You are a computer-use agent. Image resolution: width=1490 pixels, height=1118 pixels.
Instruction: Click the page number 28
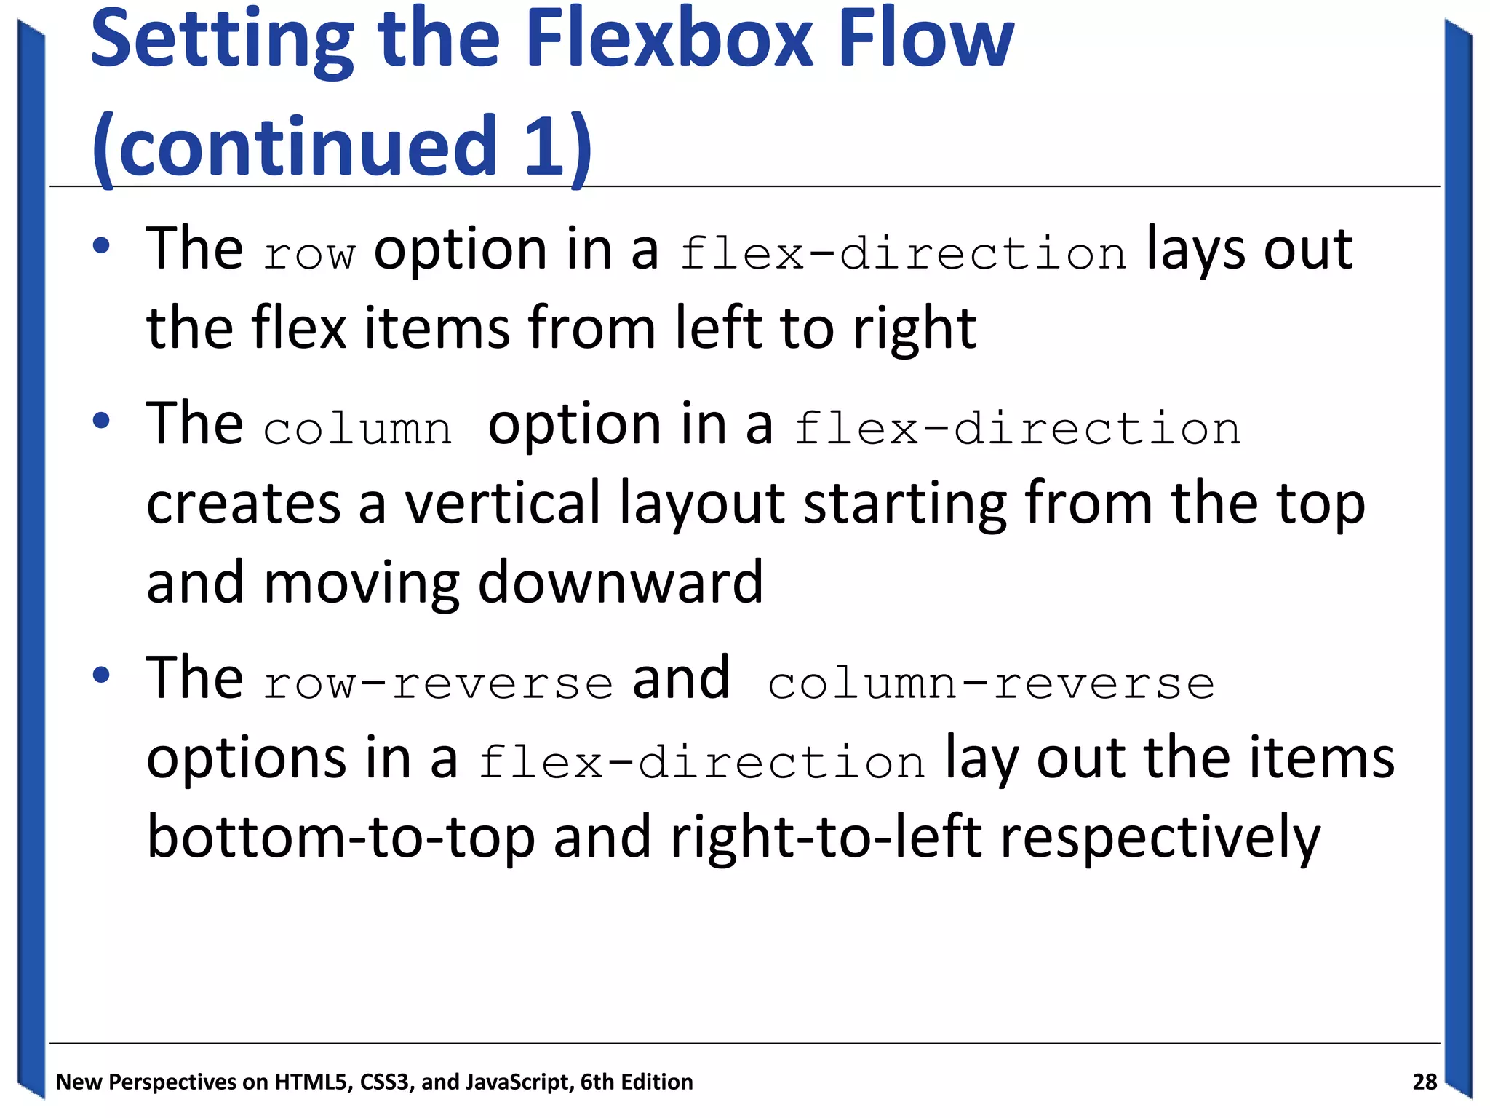click(x=1425, y=1082)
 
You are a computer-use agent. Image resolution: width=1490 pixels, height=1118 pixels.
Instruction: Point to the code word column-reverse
click(x=991, y=684)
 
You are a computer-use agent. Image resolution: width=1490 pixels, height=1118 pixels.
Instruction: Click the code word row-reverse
click(x=438, y=684)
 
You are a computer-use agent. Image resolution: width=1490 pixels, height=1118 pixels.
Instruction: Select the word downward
click(x=621, y=582)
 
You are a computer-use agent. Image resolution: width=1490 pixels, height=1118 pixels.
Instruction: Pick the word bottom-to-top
click(x=340, y=837)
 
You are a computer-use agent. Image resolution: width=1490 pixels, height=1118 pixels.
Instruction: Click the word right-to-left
click(x=826, y=837)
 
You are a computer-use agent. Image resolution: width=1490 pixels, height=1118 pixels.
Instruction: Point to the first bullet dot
click(x=101, y=245)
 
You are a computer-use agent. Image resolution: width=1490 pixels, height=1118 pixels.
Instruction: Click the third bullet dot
click(x=101, y=675)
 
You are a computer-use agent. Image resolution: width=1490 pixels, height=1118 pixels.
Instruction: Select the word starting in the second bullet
click(x=905, y=504)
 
